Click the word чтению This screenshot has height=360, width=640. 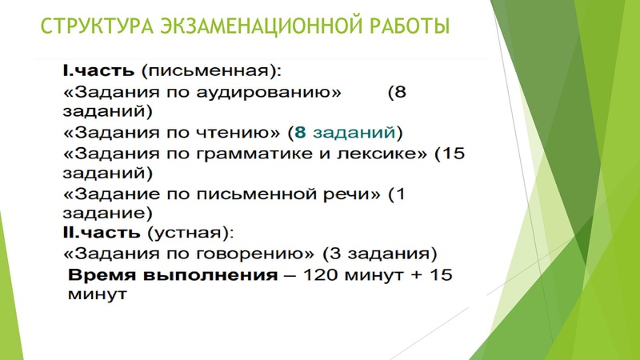pos(242,131)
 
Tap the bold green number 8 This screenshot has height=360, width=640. pos(300,131)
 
